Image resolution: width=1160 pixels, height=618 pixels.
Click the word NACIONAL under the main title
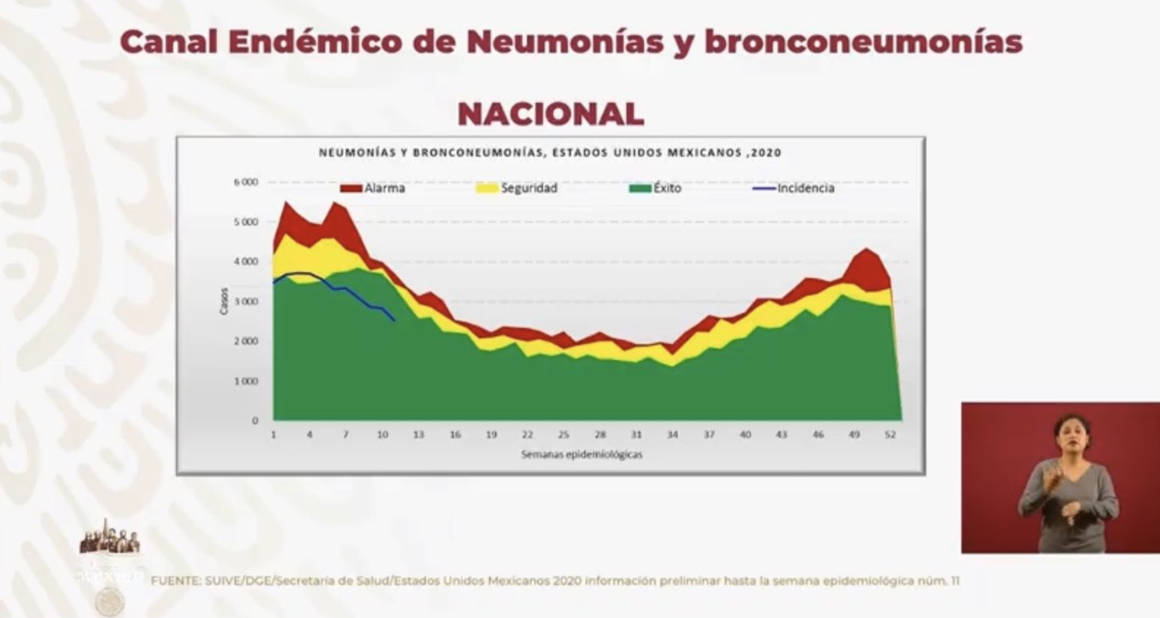[x=550, y=114]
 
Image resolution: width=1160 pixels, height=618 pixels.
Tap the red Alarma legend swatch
[x=351, y=189]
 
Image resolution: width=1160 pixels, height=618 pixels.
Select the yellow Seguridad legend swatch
[x=487, y=189]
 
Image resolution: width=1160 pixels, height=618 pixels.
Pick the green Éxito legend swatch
[x=640, y=189]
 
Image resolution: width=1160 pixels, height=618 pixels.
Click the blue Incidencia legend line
[x=764, y=189]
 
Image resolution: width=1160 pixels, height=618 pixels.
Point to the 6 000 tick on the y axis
[x=249, y=182]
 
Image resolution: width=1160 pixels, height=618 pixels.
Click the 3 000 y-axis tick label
[x=249, y=301]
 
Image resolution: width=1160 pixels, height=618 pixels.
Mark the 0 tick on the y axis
[x=255, y=421]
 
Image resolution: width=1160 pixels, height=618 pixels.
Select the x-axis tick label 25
[x=564, y=435]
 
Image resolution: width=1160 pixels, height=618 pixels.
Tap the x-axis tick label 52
[x=890, y=435]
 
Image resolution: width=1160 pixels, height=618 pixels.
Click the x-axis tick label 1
[x=274, y=435]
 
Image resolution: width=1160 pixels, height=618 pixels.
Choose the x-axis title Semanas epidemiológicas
[x=582, y=455]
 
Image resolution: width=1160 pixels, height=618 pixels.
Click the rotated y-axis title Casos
[x=224, y=301]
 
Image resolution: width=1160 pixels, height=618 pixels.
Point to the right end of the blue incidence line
[x=395, y=321]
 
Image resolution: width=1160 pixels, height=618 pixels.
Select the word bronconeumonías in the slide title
[x=864, y=42]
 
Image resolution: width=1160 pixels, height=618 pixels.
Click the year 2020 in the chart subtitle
[x=766, y=153]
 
